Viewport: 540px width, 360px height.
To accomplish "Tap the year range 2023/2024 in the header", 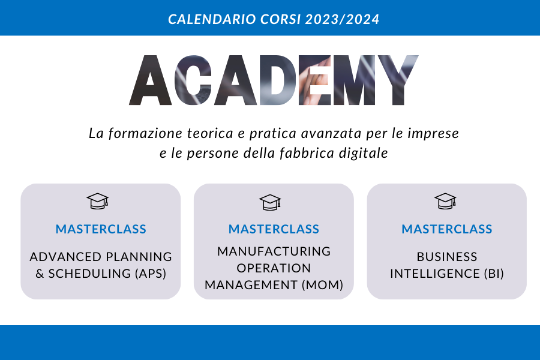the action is point(342,19).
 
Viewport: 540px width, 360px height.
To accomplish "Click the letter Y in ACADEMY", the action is point(398,80).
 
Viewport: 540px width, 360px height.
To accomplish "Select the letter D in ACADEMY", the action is point(278,80).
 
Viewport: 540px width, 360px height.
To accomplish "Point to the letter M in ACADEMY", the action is point(354,80).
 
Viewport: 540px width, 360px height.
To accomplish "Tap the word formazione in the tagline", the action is point(145,133).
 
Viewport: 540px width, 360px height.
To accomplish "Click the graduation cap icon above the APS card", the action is point(98,201).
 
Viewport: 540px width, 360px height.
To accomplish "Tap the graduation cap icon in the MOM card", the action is point(271,202).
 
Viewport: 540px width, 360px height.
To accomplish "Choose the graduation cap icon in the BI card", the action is point(445,201).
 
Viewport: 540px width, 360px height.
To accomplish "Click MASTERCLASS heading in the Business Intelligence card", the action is point(447,229).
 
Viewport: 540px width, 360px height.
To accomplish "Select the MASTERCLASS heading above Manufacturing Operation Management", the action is point(274,229).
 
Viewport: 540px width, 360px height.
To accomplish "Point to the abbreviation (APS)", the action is point(151,274).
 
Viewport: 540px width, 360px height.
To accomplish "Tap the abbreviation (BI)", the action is point(494,274).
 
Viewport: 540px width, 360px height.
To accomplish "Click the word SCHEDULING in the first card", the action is point(89,274).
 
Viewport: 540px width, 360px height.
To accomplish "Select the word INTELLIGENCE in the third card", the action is point(435,274).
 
